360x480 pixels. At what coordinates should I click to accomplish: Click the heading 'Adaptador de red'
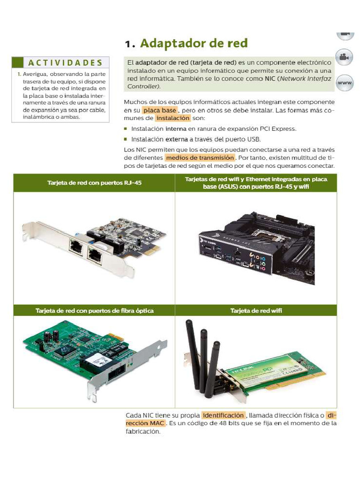click(x=194, y=44)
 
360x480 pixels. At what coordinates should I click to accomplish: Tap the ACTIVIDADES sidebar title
click(x=65, y=63)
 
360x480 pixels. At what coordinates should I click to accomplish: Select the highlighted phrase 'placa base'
click(x=159, y=110)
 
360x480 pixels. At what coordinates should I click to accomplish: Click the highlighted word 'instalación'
click(x=172, y=118)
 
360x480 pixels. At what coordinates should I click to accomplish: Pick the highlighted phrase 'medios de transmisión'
click(x=200, y=158)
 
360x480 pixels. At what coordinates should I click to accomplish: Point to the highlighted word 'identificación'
click(x=223, y=415)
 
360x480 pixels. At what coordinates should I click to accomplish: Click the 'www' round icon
click(x=345, y=82)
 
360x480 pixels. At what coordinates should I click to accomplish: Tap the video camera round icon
click(x=345, y=57)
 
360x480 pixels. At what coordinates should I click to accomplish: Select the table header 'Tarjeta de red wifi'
click(x=256, y=311)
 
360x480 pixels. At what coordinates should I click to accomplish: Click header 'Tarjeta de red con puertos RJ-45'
click(x=94, y=183)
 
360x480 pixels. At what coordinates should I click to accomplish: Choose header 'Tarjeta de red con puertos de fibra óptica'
click(x=94, y=311)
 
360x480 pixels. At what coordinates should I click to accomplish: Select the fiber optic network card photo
click(x=94, y=359)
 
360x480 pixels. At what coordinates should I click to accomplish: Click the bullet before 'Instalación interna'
click(x=126, y=128)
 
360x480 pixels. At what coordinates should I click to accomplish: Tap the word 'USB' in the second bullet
click(x=254, y=139)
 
